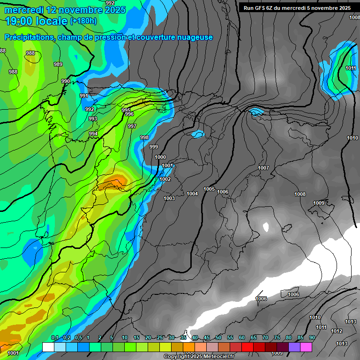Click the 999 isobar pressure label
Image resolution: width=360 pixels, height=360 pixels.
coord(154,147)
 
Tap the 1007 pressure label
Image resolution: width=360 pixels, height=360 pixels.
coord(263,168)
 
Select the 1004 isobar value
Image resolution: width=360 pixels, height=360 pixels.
coord(192,194)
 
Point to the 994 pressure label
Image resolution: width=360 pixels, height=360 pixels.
coord(93,134)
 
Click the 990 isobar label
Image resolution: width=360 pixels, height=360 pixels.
coord(66,81)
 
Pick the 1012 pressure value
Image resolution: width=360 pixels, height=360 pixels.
coord(337,331)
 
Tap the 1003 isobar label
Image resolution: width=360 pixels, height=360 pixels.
coord(169,198)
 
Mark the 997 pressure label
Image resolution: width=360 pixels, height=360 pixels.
coord(132,126)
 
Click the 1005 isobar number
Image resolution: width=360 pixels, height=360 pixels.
coord(209,189)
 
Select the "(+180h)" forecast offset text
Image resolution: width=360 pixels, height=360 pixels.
coord(83,21)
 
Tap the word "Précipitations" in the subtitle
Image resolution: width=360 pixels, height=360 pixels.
coord(29,37)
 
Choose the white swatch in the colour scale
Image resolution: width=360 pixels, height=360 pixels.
coord(47,347)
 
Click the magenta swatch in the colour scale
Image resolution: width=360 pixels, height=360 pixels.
coord(306,347)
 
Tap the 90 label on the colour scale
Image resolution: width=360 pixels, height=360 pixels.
coord(312,338)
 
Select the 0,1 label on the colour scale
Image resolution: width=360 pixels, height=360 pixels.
coord(54,338)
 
